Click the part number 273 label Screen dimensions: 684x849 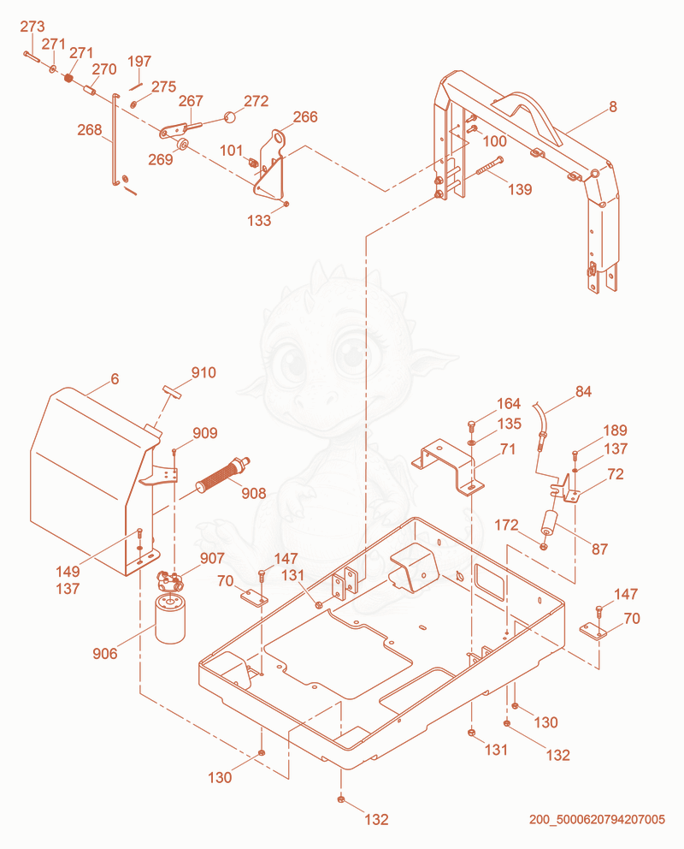32,27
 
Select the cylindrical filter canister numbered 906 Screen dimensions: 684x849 170,619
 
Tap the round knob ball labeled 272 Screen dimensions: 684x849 230,117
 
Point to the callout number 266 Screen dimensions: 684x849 305,117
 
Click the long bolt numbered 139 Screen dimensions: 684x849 490,166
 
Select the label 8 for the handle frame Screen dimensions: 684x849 613,107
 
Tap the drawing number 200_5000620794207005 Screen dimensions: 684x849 597,819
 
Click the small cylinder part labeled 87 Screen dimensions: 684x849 551,523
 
